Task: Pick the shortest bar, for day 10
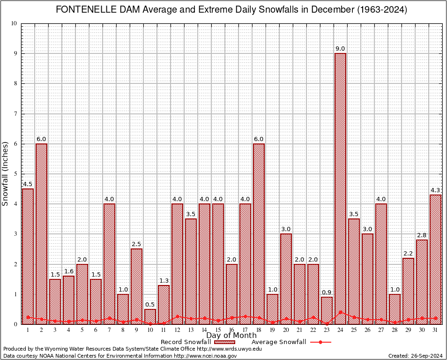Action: tap(150, 316)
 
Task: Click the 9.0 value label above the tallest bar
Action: tap(340, 49)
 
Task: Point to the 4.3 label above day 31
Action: tap(435, 190)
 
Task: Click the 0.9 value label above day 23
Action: tap(327, 292)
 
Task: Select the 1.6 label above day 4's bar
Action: tap(68, 271)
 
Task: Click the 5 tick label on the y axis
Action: tap(15, 174)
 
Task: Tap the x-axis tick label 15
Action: tap(218, 330)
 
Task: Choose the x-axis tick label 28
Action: tap(395, 330)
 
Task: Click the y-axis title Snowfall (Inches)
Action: tap(6, 173)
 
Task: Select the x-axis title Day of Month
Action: tap(231, 336)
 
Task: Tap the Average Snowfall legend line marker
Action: tap(320, 342)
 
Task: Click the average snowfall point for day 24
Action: tap(340, 312)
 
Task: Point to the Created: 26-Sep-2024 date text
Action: tap(415, 356)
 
